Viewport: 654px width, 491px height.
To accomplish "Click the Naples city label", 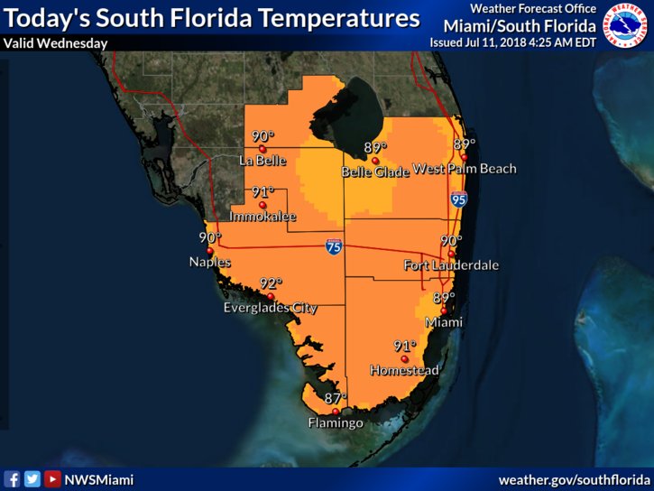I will coord(209,263).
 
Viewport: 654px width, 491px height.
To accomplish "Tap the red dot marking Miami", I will coord(443,310).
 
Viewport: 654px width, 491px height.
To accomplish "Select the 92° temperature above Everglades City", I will coord(272,283).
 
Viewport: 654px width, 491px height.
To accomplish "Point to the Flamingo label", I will coord(336,422).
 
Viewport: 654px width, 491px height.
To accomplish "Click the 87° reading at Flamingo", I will coord(336,398).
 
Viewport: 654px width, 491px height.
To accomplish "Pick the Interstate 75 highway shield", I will coord(333,245).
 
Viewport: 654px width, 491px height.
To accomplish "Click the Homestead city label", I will coord(405,370).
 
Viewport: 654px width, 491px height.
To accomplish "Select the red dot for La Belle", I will coord(262,149).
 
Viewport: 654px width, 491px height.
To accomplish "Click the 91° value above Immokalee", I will coord(263,192).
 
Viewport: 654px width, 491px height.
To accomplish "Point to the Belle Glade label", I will coord(374,171).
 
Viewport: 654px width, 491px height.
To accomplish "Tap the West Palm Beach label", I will coord(464,169).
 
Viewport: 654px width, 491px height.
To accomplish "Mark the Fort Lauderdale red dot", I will coord(452,253).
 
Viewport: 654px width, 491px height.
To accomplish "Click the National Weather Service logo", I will coord(628,24).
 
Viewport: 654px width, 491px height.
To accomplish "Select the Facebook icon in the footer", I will coord(13,479).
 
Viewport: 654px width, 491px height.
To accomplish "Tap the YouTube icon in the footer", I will coord(52,479).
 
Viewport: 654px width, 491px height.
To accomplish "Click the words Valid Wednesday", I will coord(56,42).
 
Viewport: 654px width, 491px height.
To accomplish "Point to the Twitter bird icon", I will coord(32,479).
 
